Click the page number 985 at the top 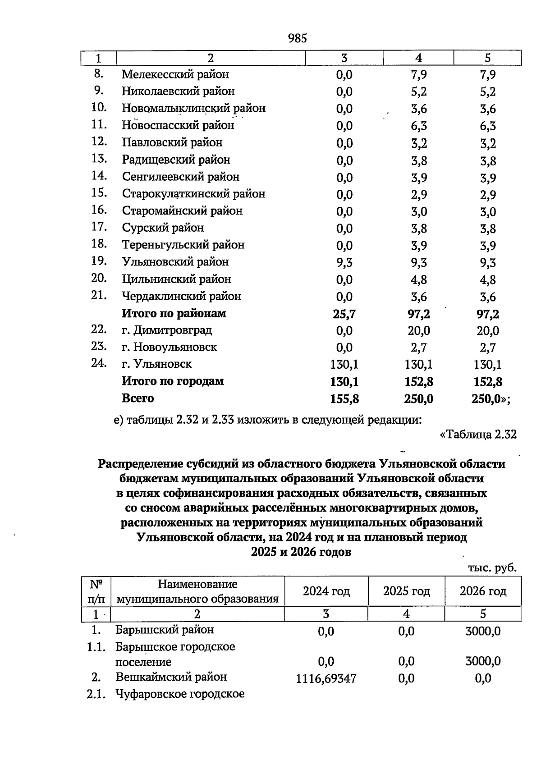pos(297,38)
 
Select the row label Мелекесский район pos(175,74)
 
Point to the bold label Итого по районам pos(174,313)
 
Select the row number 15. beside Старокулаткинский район pos(99,193)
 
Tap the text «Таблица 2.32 pos(477,435)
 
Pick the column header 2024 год pos(326,591)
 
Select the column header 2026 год pos(483,591)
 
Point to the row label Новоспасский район pos(178,125)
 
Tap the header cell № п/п pos(96,591)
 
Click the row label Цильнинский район pos(176,279)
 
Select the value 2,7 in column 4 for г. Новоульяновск pos(418,348)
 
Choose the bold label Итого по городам pos(172,381)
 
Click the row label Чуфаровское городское pos(179,694)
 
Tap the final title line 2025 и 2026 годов pos(301,552)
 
